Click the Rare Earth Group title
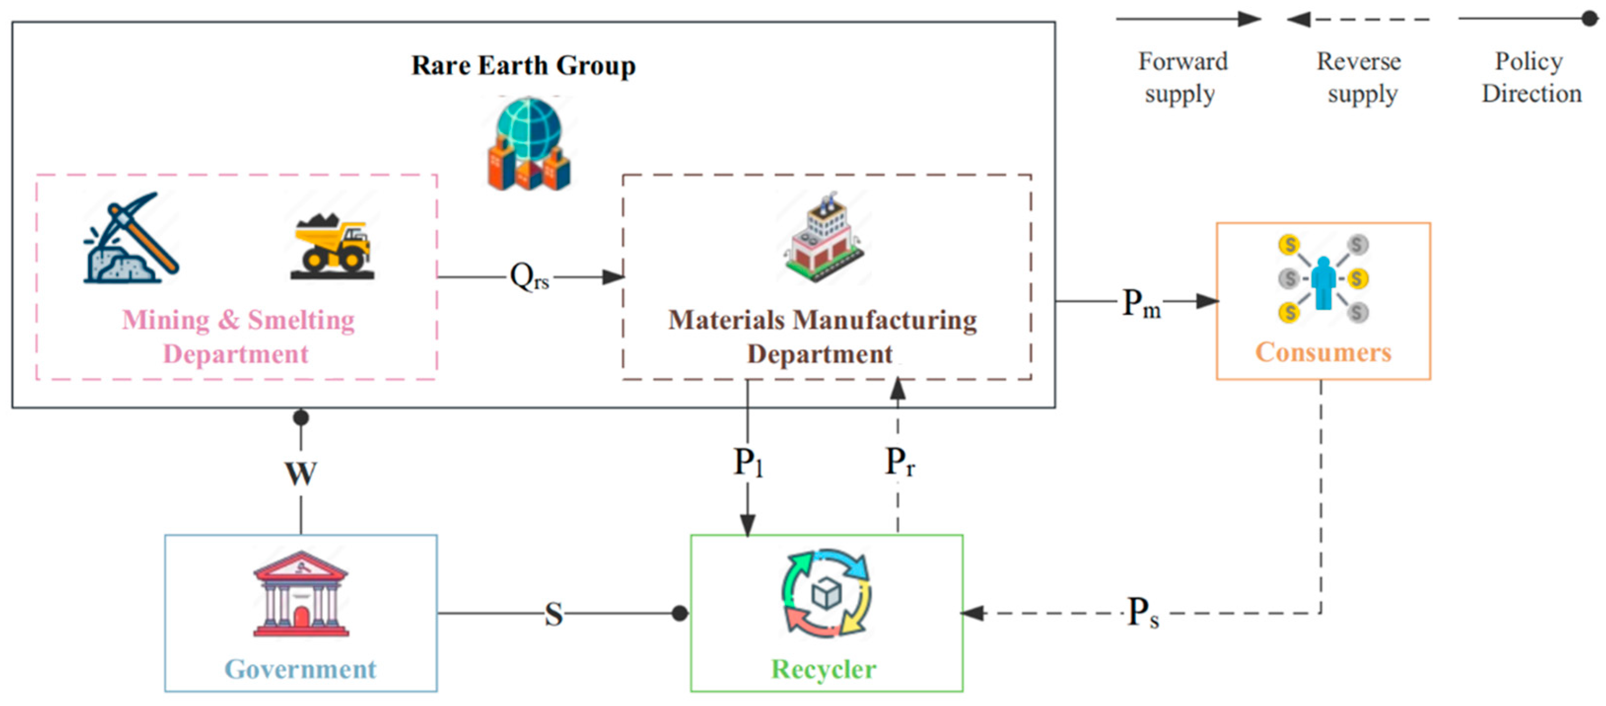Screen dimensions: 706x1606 [523, 66]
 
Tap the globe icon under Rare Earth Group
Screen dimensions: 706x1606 [529, 143]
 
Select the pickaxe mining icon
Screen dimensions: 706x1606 [132, 237]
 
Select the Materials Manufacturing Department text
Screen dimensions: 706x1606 [821, 336]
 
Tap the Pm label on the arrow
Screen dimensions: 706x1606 [1141, 303]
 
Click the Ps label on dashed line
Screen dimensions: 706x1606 [1143, 613]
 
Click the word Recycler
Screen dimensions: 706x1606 [823, 669]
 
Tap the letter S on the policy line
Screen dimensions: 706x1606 [553, 614]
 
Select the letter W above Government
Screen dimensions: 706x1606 [301, 473]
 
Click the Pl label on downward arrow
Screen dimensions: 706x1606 [748, 462]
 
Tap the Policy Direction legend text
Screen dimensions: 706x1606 [1531, 77]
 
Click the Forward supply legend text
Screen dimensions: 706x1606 [1182, 77]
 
